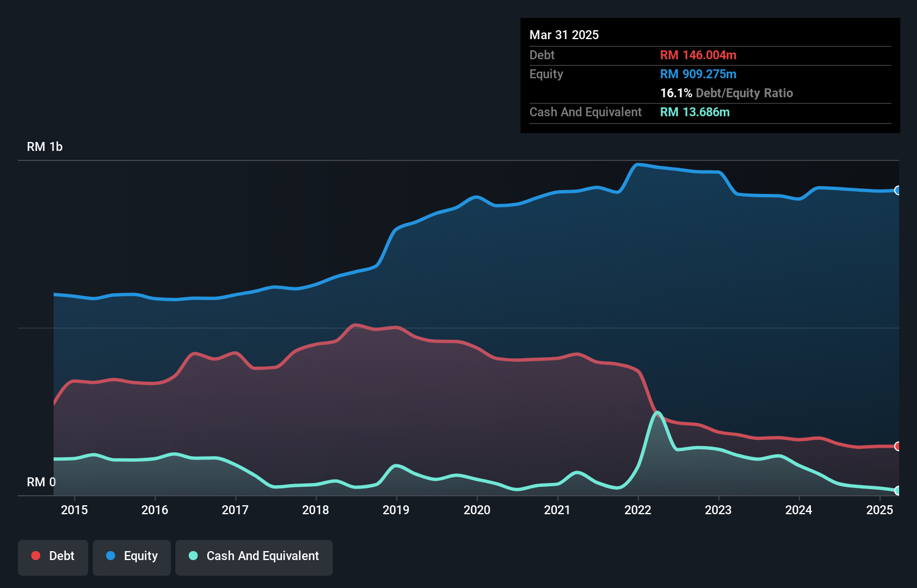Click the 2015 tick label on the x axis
coord(74,510)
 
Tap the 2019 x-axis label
coord(396,510)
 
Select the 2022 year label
coord(638,510)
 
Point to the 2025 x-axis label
coord(880,510)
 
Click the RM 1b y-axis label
coord(45,147)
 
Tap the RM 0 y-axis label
coord(41,482)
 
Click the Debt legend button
coord(53,556)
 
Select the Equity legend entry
coord(132,556)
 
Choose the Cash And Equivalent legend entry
coord(254,556)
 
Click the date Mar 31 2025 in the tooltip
coord(564,35)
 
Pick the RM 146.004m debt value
coord(698,55)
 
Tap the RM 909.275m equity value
coord(698,74)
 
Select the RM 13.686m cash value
coord(695,112)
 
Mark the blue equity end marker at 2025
coord(897,191)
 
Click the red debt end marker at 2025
coord(897,446)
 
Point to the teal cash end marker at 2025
coord(897,490)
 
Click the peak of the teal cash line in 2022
coord(658,413)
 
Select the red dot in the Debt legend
coord(36,556)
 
